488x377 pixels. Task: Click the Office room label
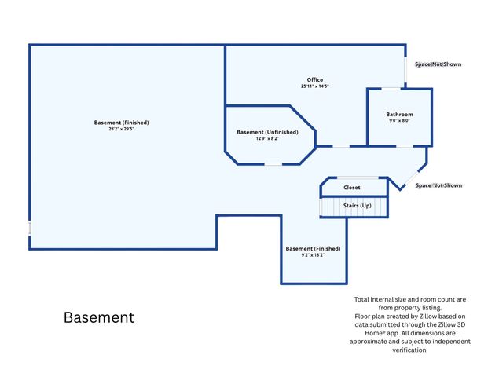(315, 79)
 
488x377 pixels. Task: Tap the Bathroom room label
(400, 115)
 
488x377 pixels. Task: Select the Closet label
(352, 188)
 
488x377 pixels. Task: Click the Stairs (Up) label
(358, 206)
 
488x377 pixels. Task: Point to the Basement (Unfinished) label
(267, 132)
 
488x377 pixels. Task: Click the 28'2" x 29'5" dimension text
(121, 129)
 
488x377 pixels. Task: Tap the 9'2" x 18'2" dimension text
(313, 255)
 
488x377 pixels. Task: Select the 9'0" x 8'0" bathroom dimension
(400, 120)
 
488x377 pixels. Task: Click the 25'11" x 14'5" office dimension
(315, 86)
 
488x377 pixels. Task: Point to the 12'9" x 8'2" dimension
(267, 138)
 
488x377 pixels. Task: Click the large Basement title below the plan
(99, 317)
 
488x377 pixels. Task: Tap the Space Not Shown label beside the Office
(438, 64)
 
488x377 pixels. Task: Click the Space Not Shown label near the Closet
(438, 185)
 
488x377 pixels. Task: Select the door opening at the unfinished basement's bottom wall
(273, 164)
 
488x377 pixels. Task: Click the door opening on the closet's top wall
(358, 178)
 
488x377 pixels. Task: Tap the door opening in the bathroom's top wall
(391, 89)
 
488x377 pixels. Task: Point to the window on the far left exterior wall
(30, 228)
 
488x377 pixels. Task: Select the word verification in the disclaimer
(410, 350)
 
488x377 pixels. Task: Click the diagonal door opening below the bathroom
(413, 177)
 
